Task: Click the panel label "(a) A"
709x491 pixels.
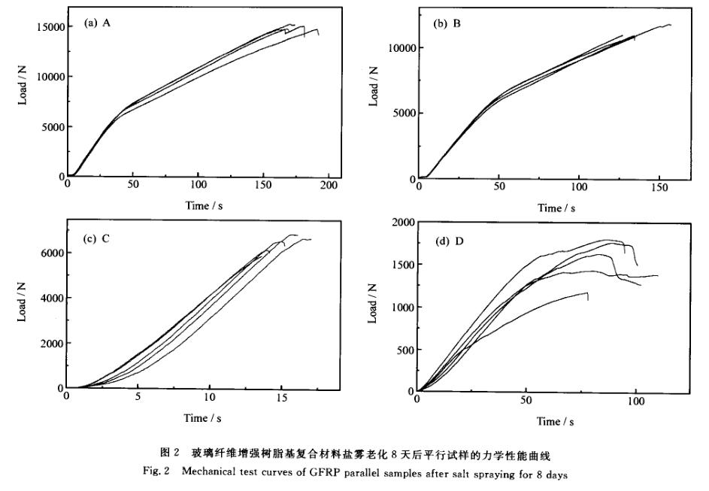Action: pos(98,23)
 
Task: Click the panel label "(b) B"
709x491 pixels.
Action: pos(448,24)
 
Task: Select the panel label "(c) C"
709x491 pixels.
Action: pos(98,239)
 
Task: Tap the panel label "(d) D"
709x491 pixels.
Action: pos(450,243)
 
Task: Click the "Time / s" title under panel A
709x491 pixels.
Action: pos(204,205)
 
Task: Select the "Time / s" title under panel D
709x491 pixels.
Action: pos(553,422)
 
